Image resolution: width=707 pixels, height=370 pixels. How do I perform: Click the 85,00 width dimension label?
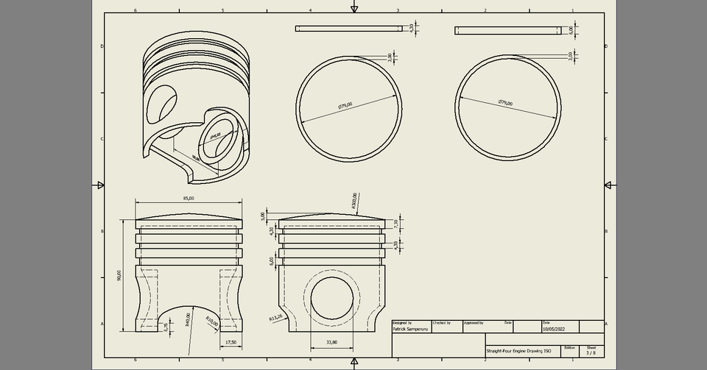pyautogui.click(x=189, y=199)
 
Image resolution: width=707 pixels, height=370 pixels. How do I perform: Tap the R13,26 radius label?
pyautogui.click(x=276, y=319)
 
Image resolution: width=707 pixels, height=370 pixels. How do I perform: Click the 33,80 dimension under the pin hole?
pyautogui.click(x=331, y=342)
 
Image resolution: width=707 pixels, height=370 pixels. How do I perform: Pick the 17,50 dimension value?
pyautogui.click(x=231, y=342)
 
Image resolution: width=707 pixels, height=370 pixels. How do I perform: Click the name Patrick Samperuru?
pyautogui.click(x=411, y=330)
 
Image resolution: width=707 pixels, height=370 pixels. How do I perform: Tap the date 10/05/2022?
pyautogui.click(x=555, y=330)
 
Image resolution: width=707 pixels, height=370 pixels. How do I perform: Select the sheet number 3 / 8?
pyautogui.click(x=590, y=352)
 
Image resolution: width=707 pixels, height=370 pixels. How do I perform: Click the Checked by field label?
pyautogui.click(x=442, y=322)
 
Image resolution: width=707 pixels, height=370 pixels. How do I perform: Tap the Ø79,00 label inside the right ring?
pyautogui.click(x=505, y=102)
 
